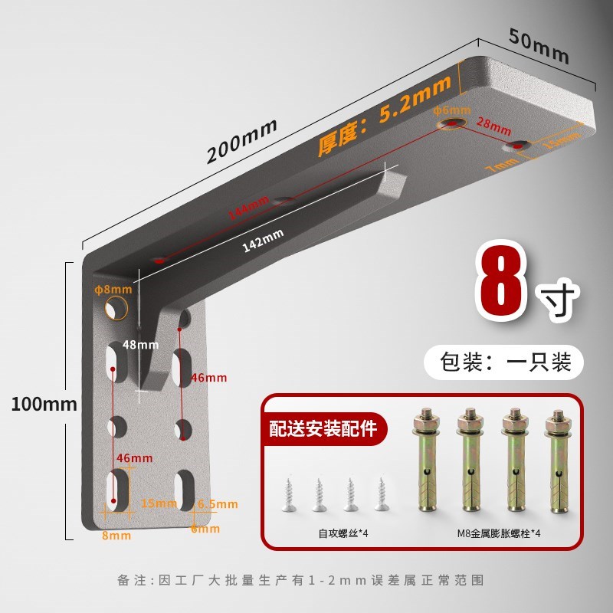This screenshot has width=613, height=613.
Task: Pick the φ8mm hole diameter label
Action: coord(113,290)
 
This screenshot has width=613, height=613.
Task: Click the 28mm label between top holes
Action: coord(493,123)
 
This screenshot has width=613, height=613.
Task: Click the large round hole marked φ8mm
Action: coord(116,308)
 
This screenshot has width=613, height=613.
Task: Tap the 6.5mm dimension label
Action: coord(218,503)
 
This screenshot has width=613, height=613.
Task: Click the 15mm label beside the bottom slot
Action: coord(159,503)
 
